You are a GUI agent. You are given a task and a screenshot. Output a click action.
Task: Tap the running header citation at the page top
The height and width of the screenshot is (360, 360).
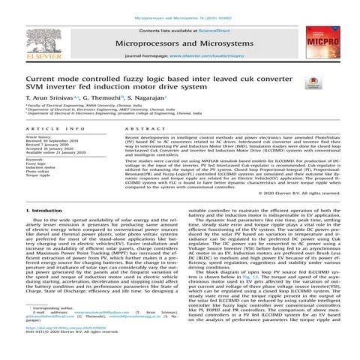click(x=179, y=4)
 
